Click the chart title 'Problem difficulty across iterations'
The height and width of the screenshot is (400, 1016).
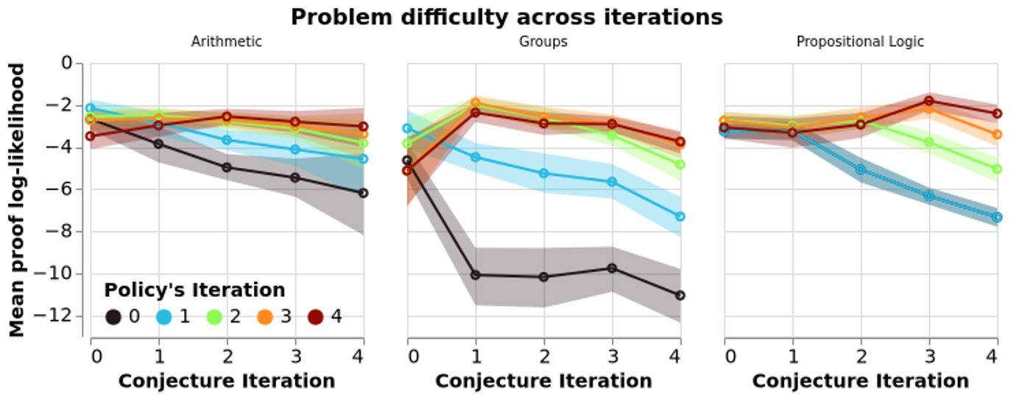click(507, 17)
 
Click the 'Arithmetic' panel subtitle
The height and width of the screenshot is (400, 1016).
click(226, 42)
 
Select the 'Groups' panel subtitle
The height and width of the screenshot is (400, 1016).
click(543, 42)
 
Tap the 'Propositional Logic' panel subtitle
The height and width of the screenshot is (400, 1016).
click(860, 42)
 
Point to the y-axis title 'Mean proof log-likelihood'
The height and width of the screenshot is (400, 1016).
click(17, 200)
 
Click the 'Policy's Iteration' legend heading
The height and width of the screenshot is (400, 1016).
click(194, 289)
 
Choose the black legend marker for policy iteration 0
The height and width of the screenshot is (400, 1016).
click(113, 317)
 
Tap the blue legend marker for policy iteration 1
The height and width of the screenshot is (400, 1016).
click(165, 317)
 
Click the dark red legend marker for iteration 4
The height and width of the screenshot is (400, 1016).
click(315, 317)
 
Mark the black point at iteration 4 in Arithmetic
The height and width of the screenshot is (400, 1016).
click(363, 193)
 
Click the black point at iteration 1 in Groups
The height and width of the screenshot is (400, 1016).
click(476, 275)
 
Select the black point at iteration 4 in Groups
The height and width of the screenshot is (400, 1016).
click(680, 295)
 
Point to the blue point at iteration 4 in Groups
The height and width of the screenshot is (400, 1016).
click(680, 217)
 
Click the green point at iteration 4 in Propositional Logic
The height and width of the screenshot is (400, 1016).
click(997, 169)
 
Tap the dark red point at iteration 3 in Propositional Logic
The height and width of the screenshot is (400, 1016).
click(929, 101)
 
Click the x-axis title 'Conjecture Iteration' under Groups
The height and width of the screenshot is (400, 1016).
click(543, 381)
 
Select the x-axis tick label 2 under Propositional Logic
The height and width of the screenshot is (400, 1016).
click(861, 357)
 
